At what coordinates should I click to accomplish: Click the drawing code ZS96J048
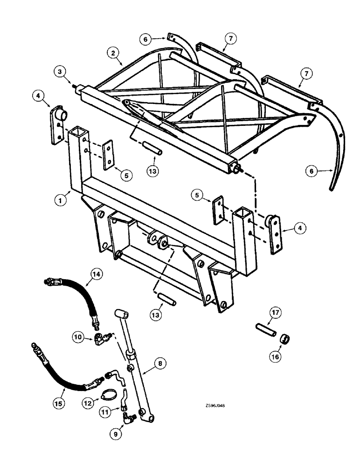(x=210, y=405)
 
